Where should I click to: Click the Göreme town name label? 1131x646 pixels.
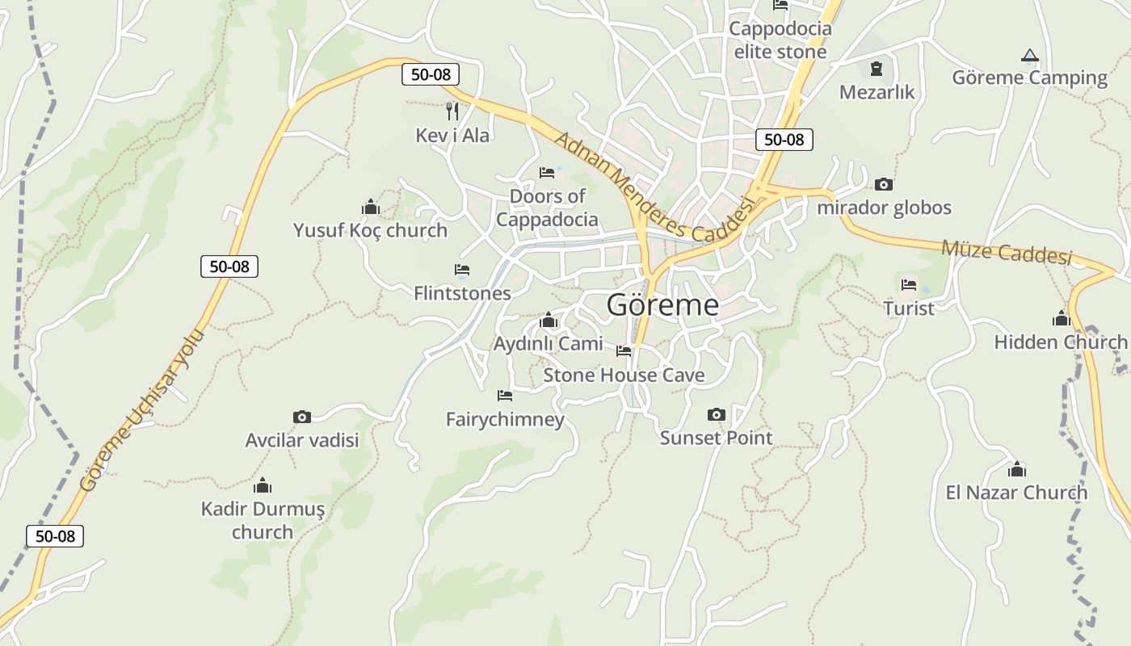point(662,304)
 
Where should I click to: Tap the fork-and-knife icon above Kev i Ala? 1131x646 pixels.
point(452,111)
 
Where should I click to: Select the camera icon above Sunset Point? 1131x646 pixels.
point(716,414)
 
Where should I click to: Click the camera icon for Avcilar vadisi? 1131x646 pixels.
point(302,417)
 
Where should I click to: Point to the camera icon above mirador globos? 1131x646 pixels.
point(884,184)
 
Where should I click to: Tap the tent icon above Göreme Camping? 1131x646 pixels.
point(1029,56)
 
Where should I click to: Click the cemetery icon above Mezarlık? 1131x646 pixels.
point(877,69)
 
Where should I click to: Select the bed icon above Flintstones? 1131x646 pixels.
point(462,269)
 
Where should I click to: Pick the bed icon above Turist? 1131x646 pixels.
point(909,284)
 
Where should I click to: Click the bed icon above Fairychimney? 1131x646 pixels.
point(505,395)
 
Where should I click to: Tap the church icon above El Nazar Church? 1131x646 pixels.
point(1017,468)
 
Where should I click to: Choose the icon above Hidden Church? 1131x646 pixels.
point(1061,318)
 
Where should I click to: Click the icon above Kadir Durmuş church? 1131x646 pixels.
point(263,485)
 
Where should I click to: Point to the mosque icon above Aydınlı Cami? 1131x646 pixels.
point(549,321)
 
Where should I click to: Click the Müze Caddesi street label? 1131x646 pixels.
point(1007,252)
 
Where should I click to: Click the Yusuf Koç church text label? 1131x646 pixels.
point(370,230)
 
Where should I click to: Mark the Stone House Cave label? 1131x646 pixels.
point(624,375)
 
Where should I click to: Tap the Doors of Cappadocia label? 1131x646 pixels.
point(547,208)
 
